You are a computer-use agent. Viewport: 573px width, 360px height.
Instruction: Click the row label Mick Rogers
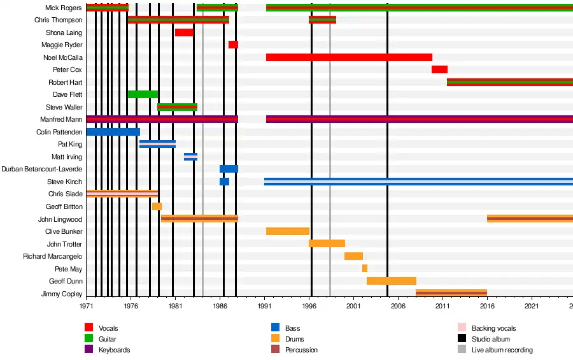pos(64,8)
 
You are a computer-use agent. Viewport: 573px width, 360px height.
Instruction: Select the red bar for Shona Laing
pos(184,32)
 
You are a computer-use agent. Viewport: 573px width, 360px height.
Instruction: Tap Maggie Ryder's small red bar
pos(233,45)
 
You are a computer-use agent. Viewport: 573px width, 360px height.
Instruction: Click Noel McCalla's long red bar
pos(349,57)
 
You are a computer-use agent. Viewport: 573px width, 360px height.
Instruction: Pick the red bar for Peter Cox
pos(439,69)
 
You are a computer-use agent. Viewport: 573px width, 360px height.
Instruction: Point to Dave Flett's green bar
pos(143,94)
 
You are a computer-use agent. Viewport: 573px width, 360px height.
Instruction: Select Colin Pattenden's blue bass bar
pos(113,132)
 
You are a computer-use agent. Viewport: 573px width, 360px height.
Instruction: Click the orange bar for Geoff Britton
pos(157,206)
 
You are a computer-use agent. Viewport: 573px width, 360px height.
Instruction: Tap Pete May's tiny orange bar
pos(365,268)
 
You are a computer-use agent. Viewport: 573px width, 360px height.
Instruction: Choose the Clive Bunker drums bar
pos(287,231)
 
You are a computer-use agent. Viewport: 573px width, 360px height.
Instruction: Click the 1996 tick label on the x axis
pos(311,306)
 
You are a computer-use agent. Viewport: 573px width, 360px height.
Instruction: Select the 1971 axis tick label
pos(87,306)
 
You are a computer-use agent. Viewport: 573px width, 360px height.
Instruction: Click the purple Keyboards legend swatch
pos(89,350)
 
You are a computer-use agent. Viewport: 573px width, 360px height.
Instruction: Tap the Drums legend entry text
pos(295,339)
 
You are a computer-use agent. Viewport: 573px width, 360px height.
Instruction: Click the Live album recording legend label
pos(502,350)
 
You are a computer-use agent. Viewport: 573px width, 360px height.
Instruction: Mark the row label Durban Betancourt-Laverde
pos(51,169)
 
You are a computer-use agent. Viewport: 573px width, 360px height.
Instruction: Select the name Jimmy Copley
pos(62,294)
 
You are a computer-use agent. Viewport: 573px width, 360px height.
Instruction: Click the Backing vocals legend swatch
pos(462,328)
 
